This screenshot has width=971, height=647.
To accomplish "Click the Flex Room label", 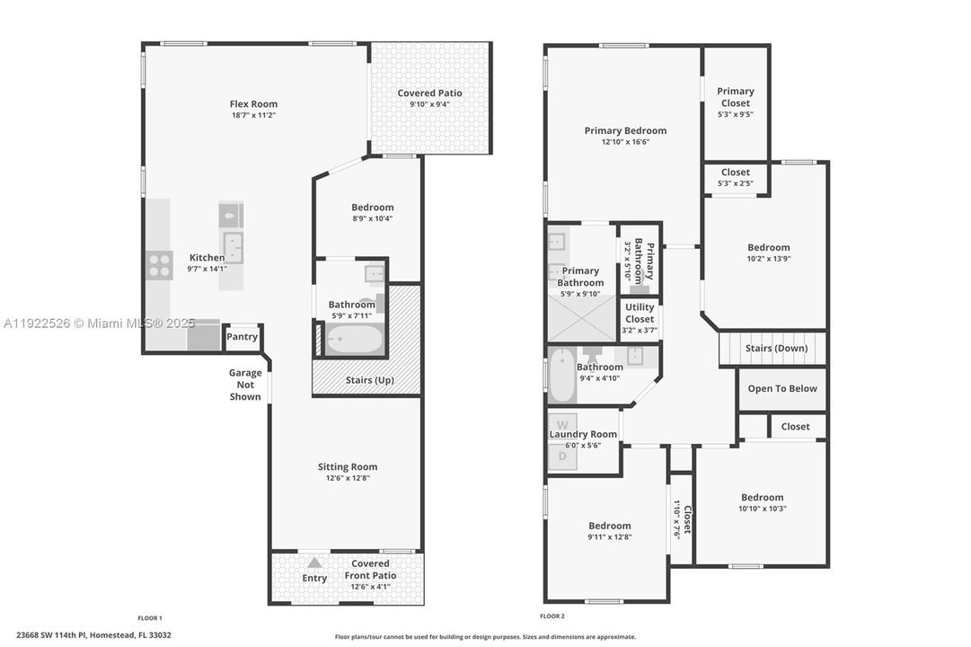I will (254, 104).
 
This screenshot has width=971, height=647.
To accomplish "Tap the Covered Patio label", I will (429, 93).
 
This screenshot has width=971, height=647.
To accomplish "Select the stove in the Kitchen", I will (160, 265).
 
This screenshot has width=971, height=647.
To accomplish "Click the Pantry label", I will (243, 337).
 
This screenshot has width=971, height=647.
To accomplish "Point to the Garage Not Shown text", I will (245, 385).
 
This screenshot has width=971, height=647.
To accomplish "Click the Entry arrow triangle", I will (314, 562).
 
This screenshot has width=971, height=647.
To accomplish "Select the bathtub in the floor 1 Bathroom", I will (354, 341).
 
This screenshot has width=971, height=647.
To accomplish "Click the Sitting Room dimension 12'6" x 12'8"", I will (347, 478).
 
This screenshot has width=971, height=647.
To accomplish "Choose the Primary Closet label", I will (735, 97).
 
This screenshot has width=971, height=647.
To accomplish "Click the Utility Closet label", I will (640, 313).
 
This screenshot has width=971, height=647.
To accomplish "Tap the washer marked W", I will (563, 424).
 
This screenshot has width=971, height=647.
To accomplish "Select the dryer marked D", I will (563, 456).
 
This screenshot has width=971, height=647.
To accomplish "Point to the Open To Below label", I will (782, 388).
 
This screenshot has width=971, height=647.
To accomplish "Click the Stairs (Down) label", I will (776, 348).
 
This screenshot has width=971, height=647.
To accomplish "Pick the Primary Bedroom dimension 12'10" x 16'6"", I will (625, 142).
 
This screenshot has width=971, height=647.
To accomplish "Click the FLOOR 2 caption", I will (552, 616).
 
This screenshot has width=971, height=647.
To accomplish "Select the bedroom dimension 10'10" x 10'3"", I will (762, 509).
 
